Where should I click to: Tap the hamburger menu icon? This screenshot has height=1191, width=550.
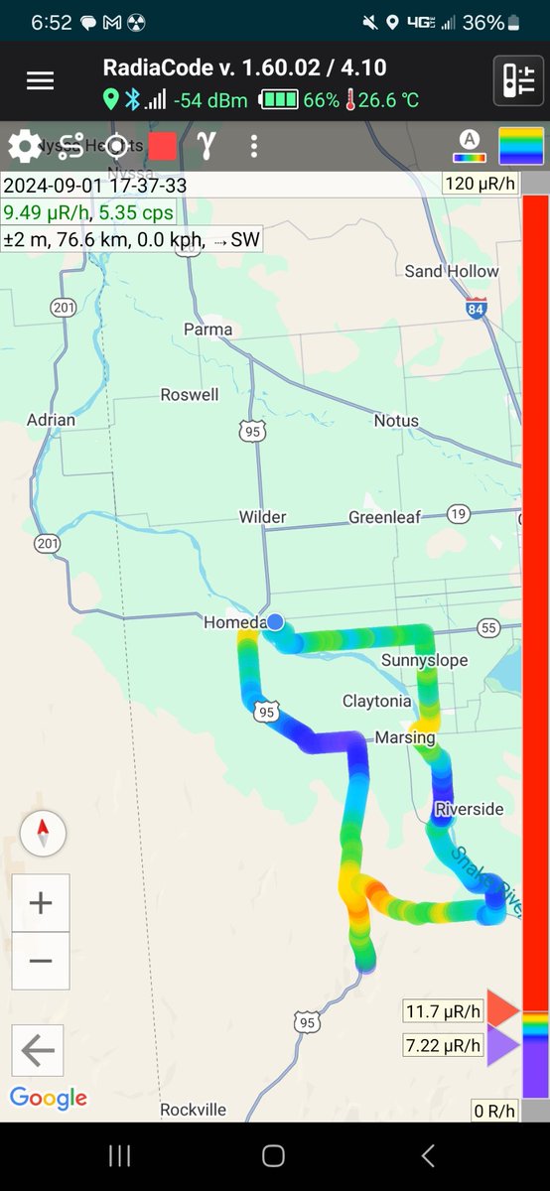pyautogui.click(x=40, y=81)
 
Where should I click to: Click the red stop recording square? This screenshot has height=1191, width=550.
pyautogui.click(x=163, y=146)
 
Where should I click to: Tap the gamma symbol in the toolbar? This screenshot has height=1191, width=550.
pyautogui.click(x=206, y=145)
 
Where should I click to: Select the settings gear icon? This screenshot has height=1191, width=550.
pyautogui.click(x=24, y=147)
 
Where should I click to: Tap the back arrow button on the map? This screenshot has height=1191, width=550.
pyautogui.click(x=38, y=1050)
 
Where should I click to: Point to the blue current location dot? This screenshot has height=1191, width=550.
pyautogui.click(x=276, y=621)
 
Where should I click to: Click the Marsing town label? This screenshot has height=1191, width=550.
pyautogui.click(x=405, y=737)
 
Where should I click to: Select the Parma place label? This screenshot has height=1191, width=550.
pyautogui.click(x=208, y=330)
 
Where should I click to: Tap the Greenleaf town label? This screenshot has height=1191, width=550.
pyautogui.click(x=384, y=517)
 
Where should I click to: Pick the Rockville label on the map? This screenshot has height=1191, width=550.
pyautogui.click(x=194, y=1110)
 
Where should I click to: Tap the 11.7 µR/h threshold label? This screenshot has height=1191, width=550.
pyautogui.click(x=443, y=1012)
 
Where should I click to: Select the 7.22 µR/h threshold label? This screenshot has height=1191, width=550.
pyautogui.click(x=443, y=1045)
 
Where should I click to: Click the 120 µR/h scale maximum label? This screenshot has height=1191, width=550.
pyautogui.click(x=480, y=183)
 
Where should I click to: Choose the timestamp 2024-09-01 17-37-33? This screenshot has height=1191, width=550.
pyautogui.click(x=95, y=186)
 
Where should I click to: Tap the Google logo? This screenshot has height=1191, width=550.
pyautogui.click(x=49, y=1098)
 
